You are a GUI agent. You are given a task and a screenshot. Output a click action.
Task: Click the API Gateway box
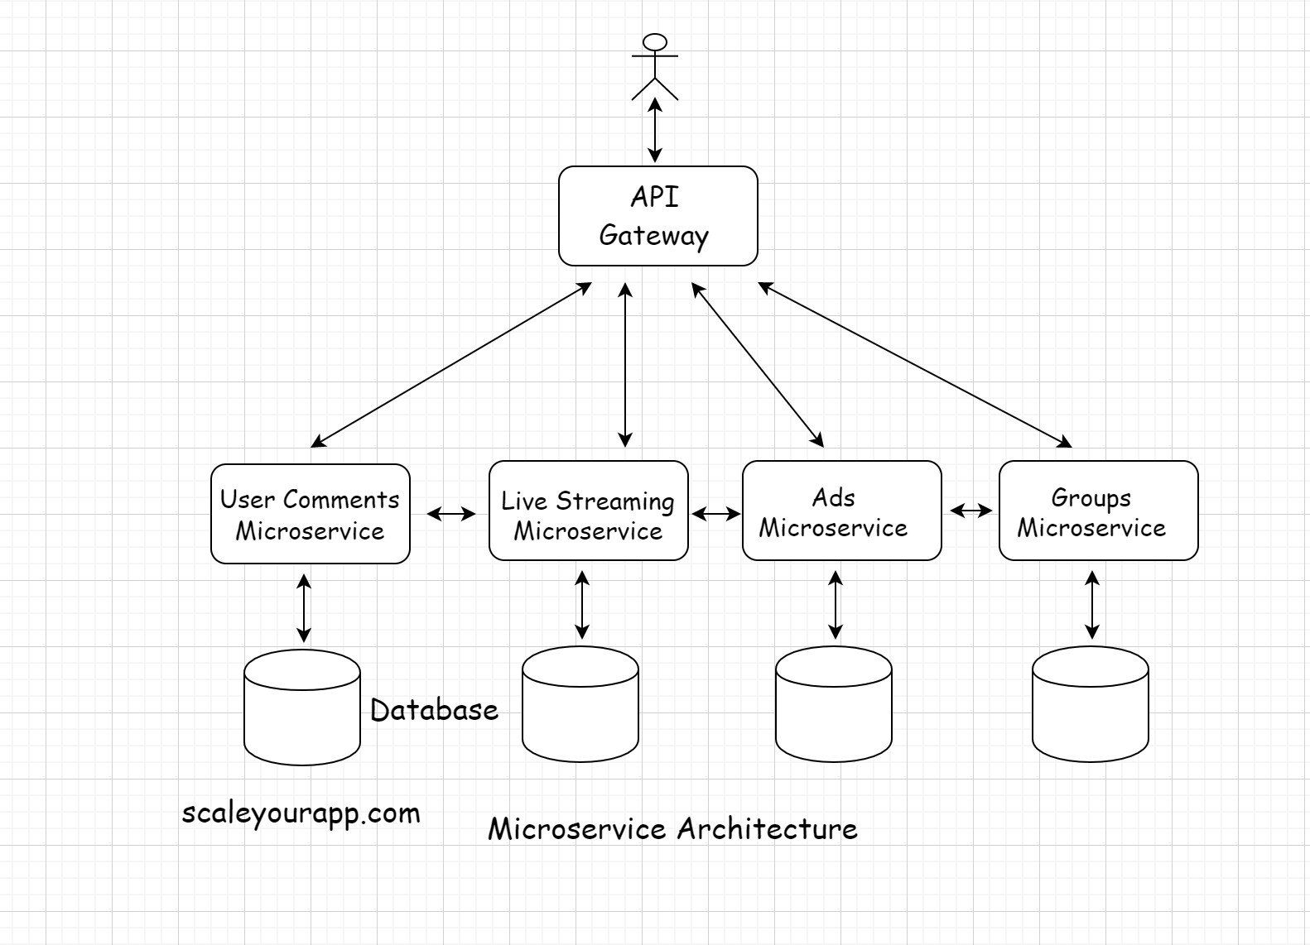pos(657,216)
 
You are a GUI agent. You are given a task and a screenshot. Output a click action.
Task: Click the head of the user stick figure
pos(655,42)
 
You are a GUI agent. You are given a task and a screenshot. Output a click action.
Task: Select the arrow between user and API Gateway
pos(655,130)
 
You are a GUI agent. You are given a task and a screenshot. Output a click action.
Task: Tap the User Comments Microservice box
pos(310,514)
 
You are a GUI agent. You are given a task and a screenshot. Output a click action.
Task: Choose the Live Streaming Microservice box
pos(588,511)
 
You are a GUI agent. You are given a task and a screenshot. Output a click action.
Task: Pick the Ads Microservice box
pos(841,511)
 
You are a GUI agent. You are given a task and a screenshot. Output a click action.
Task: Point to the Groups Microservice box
pos(1098,511)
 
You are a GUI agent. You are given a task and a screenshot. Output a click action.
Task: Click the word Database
pos(434,710)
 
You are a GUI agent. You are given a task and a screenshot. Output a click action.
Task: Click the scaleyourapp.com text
pos(301,813)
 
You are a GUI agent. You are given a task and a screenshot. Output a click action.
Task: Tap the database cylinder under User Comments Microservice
pos(302,708)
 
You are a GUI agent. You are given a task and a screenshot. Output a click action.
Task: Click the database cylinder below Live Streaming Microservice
pos(580,704)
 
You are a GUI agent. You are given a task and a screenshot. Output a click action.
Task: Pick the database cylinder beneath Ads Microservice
pos(834,704)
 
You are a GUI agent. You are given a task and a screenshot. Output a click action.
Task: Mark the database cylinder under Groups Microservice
pos(1091,704)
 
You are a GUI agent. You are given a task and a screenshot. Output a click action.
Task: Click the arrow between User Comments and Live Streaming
pos(451,514)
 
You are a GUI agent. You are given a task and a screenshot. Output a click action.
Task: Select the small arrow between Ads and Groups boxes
pos(970,511)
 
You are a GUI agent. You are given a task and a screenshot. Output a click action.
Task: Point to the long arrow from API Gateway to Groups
pos(915,364)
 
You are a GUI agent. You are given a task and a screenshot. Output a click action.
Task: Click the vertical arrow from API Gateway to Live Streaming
pos(625,364)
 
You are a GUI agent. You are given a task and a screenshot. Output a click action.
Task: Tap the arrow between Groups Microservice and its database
pos(1092,605)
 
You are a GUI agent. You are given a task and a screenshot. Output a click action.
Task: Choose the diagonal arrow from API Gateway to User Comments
pos(451,365)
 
